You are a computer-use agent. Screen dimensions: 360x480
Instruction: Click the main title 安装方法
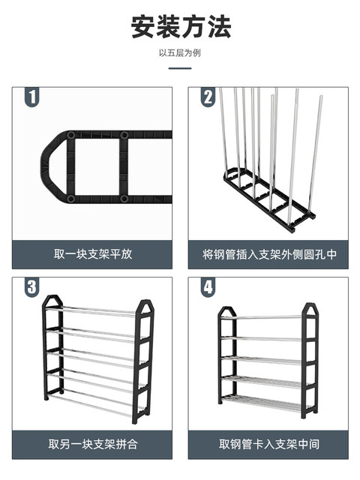181,27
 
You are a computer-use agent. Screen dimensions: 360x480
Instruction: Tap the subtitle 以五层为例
180,53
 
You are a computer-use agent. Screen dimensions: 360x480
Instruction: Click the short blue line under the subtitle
180,68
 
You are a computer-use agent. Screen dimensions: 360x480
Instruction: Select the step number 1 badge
31,97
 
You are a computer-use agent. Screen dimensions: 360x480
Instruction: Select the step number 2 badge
208,97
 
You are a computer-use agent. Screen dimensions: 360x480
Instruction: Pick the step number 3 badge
31,287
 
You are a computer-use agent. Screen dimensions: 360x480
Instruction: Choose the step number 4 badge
208,287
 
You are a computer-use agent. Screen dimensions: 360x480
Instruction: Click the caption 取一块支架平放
93,254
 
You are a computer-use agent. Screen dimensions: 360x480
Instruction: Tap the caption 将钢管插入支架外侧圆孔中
269,254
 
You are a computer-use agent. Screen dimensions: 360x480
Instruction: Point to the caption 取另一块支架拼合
93,444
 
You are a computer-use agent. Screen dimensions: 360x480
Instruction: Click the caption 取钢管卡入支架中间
269,444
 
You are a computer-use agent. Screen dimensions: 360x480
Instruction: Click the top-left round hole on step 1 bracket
71,135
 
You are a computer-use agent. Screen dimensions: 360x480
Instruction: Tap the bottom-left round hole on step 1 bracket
70,199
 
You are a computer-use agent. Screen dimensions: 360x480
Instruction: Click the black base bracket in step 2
269,202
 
